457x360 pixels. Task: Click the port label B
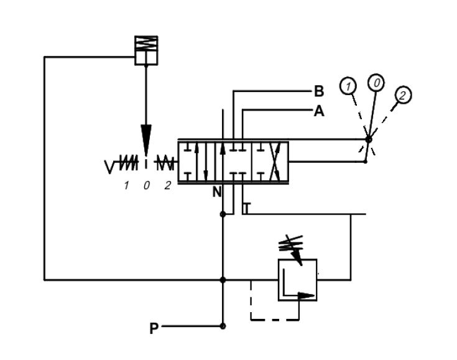click(x=318, y=92)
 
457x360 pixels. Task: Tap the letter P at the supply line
click(x=154, y=329)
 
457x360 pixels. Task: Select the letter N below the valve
click(x=216, y=192)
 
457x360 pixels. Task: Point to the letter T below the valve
click(x=246, y=208)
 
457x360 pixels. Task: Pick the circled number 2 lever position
click(x=403, y=95)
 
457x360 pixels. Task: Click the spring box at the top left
click(x=146, y=50)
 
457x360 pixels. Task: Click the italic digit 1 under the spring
click(x=126, y=185)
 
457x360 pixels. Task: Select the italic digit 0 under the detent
click(x=147, y=185)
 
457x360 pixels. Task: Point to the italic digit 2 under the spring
click(x=167, y=185)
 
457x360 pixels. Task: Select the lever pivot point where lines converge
click(x=368, y=139)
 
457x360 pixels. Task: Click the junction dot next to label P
click(x=223, y=326)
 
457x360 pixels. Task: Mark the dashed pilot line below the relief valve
click(x=274, y=320)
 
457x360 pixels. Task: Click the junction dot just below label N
click(x=223, y=214)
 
